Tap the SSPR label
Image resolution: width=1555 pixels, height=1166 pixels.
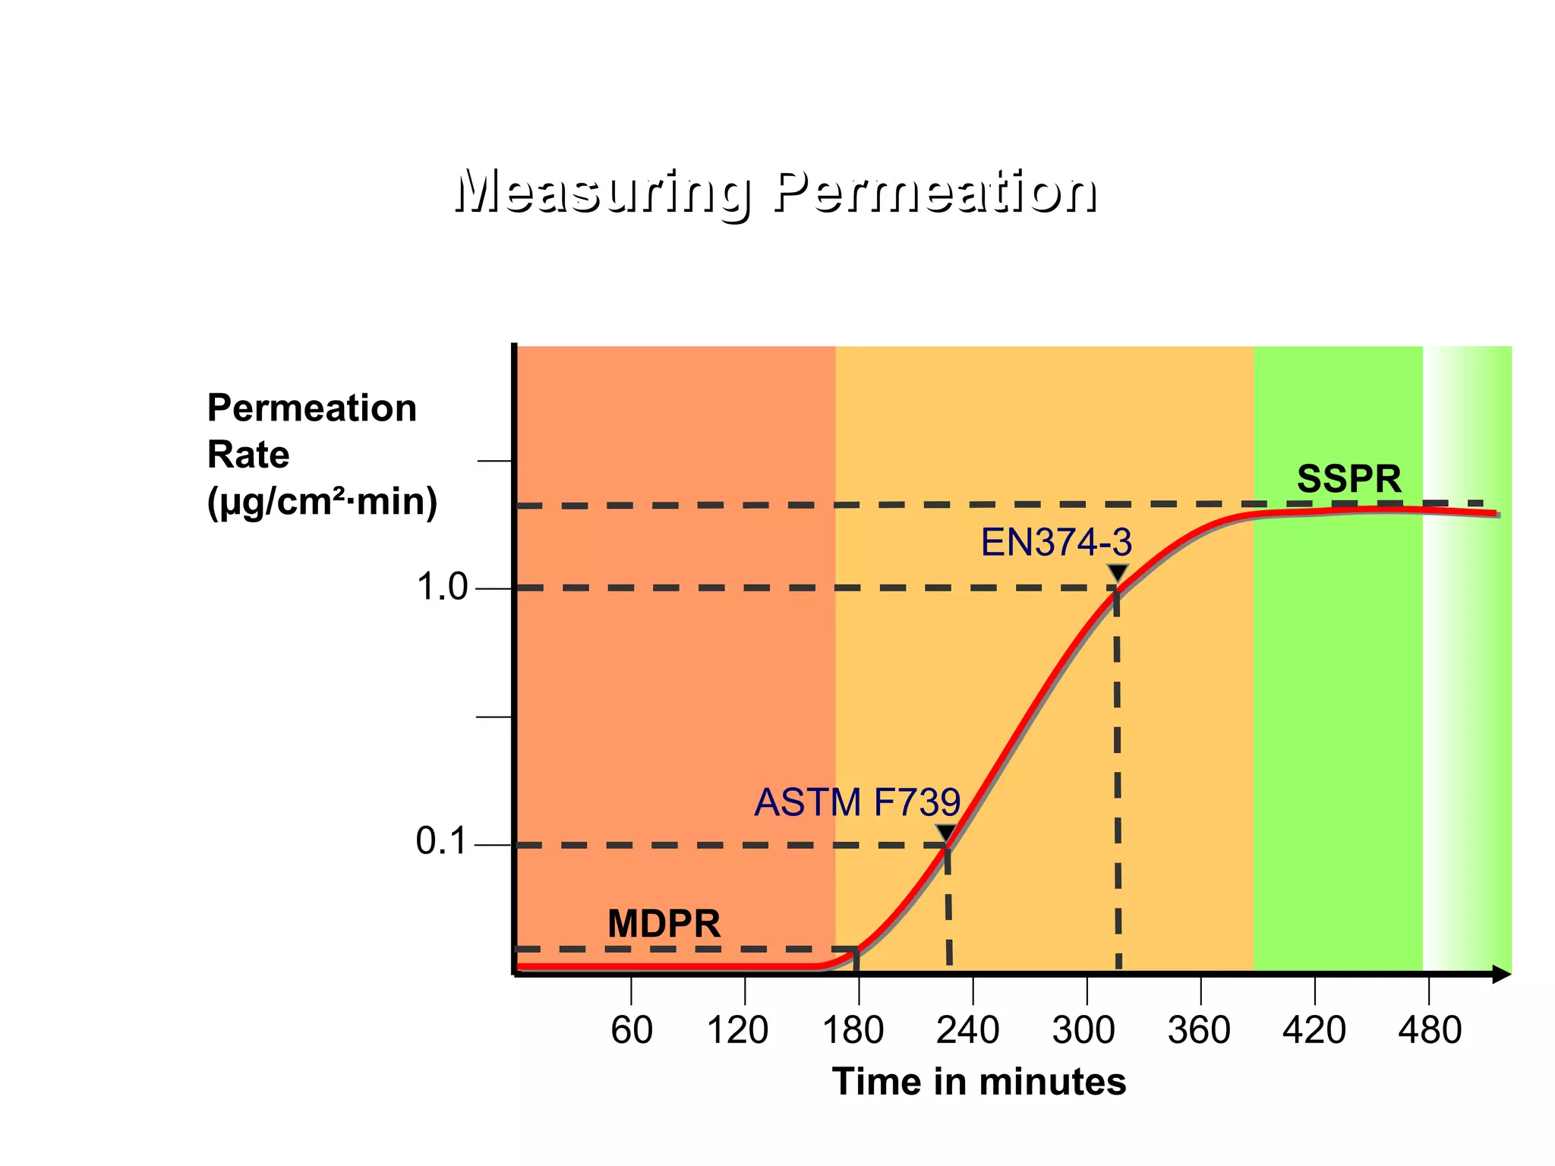[x=1348, y=479]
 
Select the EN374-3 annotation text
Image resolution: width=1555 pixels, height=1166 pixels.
[x=1056, y=543]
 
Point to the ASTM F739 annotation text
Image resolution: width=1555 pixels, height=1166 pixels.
[x=857, y=802]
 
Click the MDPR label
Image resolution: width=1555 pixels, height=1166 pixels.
[x=664, y=924]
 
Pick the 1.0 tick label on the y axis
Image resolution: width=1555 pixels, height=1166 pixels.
[x=442, y=588]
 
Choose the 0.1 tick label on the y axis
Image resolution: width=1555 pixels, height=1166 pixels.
[x=441, y=842]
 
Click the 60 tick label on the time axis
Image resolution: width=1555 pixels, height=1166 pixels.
[x=632, y=1031]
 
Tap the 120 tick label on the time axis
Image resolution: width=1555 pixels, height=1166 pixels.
[x=737, y=1031]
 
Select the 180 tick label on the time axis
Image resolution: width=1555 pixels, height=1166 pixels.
[x=853, y=1031]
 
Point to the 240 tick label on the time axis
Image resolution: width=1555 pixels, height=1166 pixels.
[x=968, y=1031]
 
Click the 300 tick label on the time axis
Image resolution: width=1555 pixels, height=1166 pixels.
[x=1083, y=1031]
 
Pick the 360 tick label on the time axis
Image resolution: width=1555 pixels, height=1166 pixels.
[x=1199, y=1031]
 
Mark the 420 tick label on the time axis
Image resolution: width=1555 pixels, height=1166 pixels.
[x=1314, y=1031]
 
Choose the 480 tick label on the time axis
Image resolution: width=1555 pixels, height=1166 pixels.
[x=1430, y=1031]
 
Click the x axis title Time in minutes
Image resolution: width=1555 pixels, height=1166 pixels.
[x=979, y=1082]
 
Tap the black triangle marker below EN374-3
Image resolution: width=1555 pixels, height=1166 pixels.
[x=1118, y=572]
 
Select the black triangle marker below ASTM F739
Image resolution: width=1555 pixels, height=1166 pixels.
[x=946, y=833]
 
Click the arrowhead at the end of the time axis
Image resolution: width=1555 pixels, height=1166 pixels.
[x=1501, y=975]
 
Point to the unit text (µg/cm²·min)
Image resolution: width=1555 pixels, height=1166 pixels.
[x=322, y=502]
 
